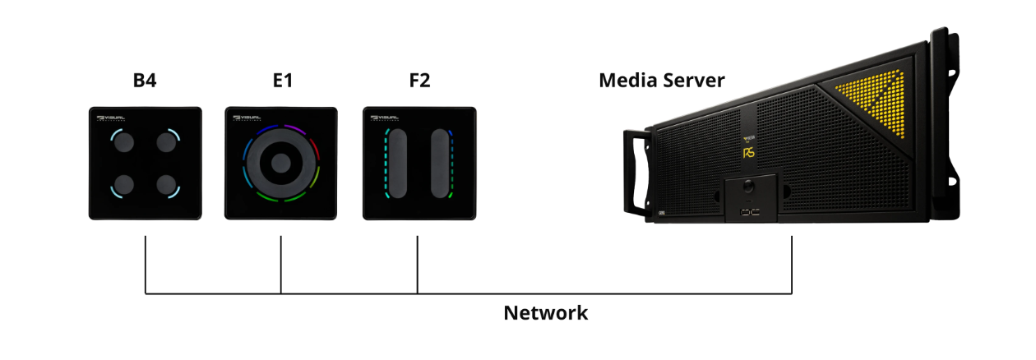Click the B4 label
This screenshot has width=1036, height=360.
point(145,81)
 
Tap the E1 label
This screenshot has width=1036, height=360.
point(281,81)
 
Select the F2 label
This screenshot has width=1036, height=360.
point(418,81)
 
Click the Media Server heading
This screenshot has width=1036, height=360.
point(661,81)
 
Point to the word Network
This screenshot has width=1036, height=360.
point(545,313)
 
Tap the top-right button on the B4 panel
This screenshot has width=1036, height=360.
point(167,143)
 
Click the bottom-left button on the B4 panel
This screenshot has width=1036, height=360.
point(125,184)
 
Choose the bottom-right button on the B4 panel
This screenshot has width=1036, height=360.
point(167,184)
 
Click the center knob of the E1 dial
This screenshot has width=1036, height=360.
point(281,163)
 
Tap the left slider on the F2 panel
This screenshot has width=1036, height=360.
point(399,163)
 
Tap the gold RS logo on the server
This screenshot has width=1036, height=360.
point(749,152)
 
